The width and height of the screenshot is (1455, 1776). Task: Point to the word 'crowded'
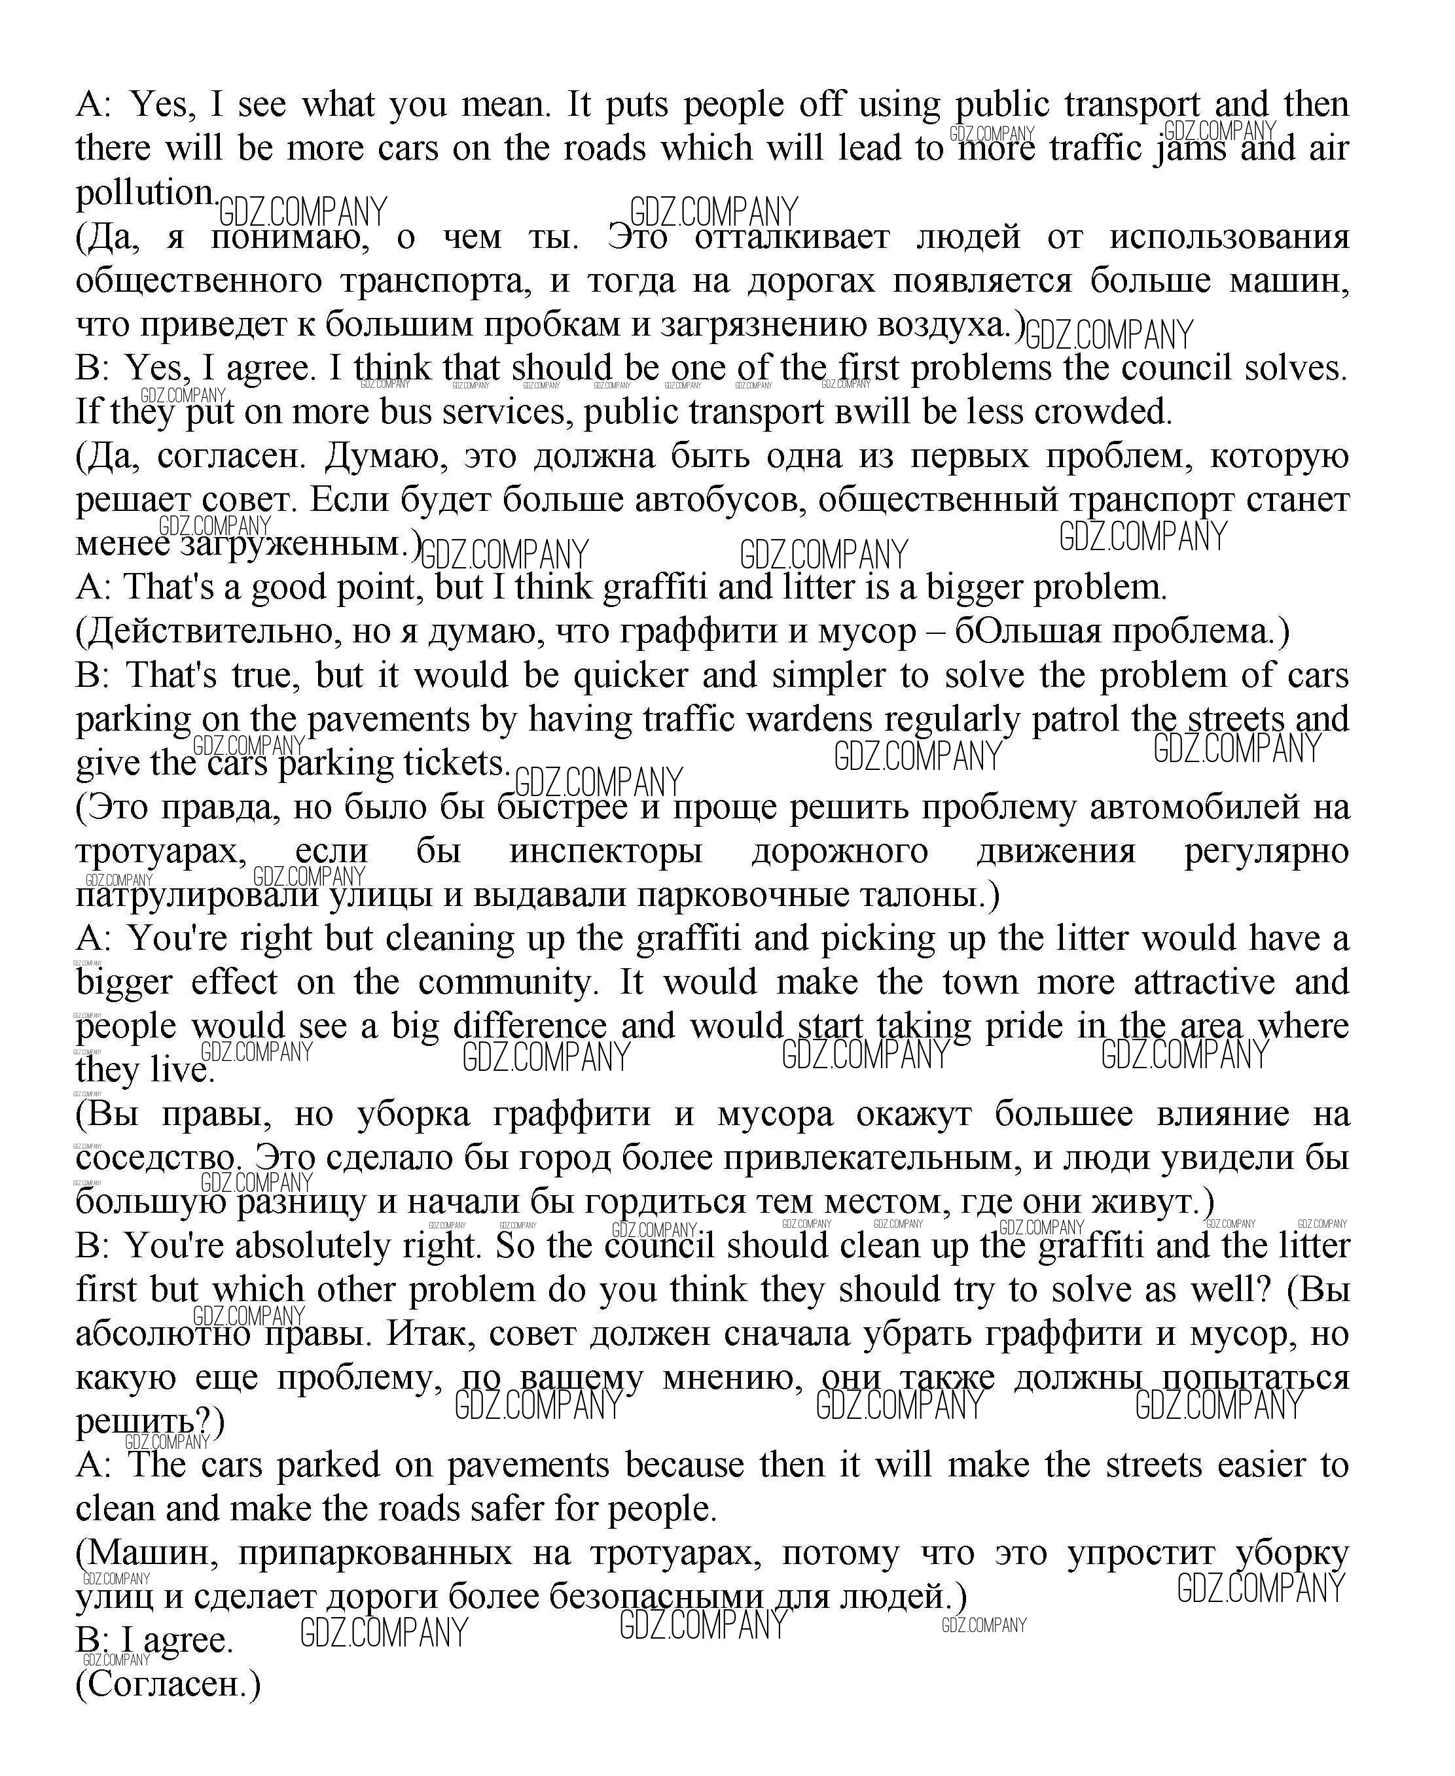1102,412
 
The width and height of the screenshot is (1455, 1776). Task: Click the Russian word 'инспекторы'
605,851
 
